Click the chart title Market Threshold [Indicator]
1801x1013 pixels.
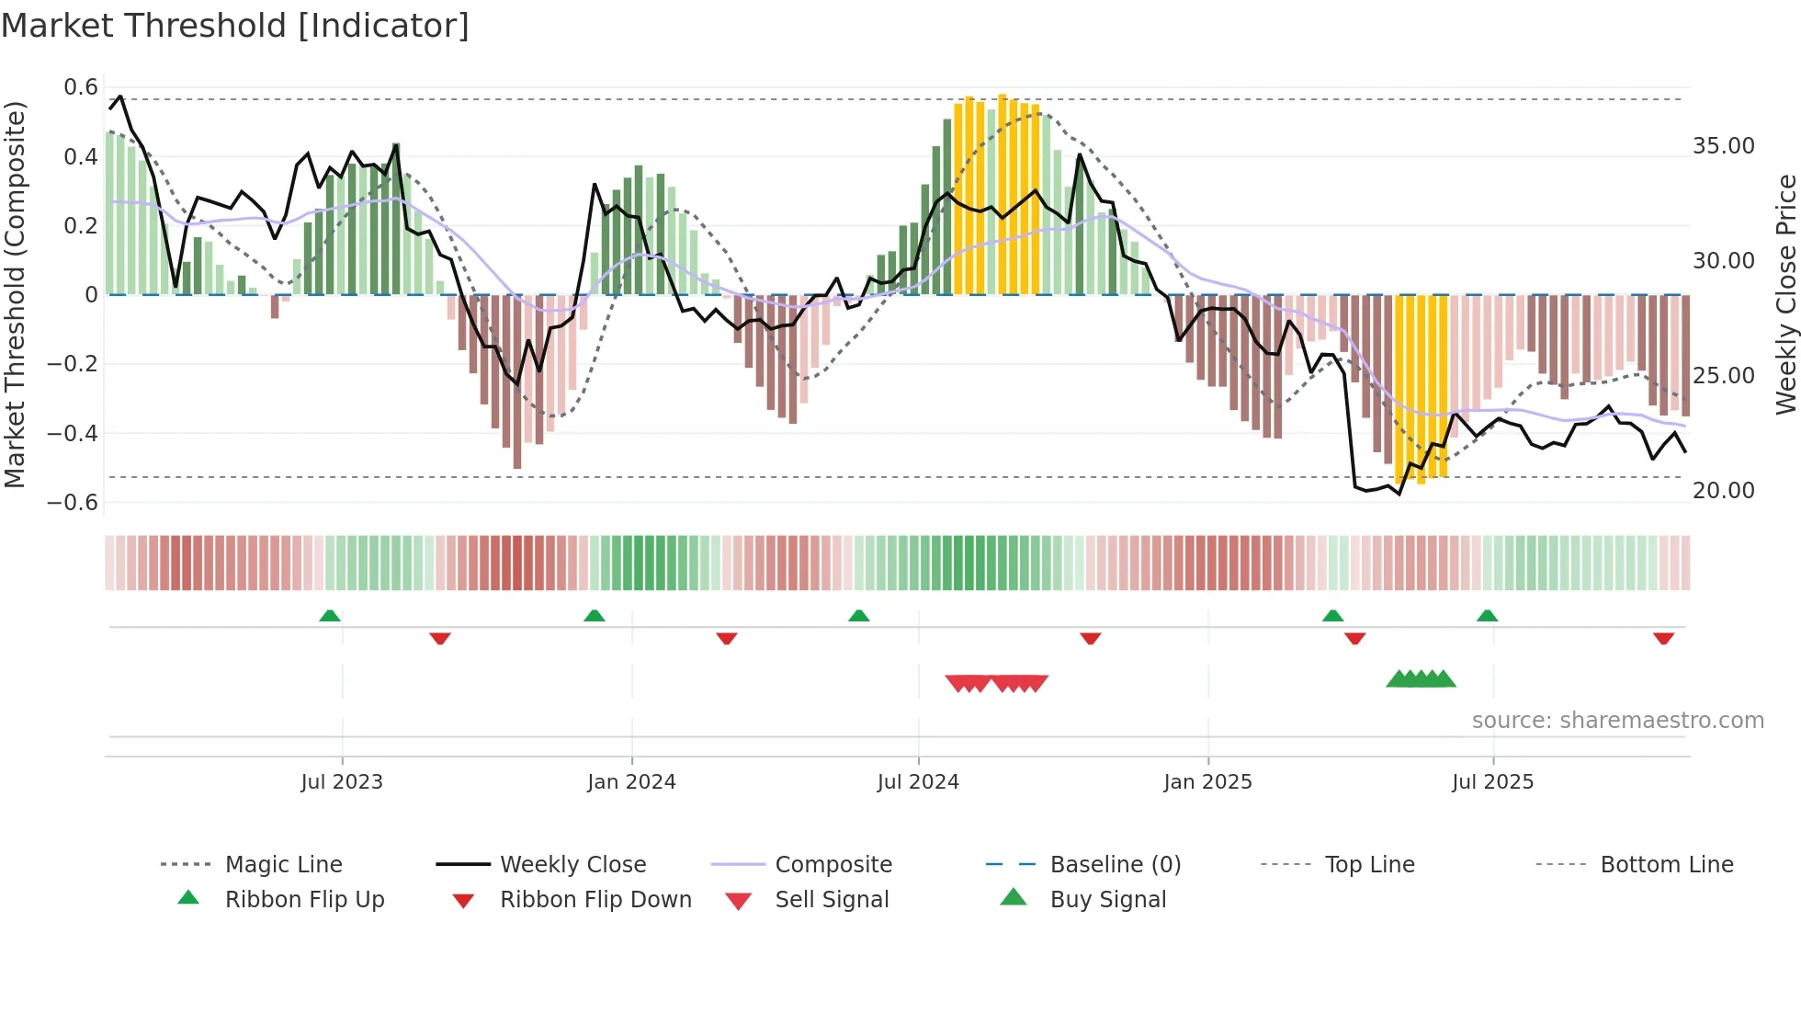[x=235, y=26]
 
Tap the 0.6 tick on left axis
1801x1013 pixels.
[x=81, y=87]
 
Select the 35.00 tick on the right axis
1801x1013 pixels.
[x=1723, y=146]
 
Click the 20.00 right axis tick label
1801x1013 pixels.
[x=1723, y=491]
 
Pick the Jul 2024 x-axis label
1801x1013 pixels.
[x=918, y=782]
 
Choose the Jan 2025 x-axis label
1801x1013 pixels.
[x=1207, y=782]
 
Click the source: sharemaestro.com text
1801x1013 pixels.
[x=1617, y=721]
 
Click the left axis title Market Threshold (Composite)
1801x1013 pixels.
[x=15, y=294]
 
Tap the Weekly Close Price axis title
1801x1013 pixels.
[x=1785, y=294]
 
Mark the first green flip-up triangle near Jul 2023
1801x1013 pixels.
[x=330, y=616]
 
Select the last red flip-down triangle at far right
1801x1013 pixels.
[x=1663, y=638]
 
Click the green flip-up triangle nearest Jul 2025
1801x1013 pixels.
[x=1488, y=616]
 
